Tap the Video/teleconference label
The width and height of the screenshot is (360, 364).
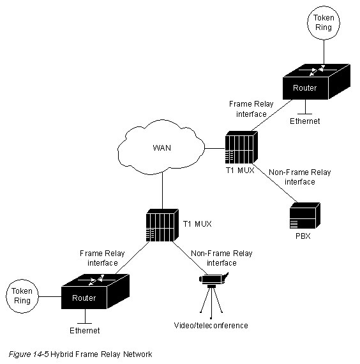point(211,326)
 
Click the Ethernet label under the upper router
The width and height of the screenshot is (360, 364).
point(305,121)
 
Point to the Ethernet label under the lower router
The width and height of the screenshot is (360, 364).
point(85,331)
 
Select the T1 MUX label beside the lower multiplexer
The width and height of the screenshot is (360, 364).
point(197,224)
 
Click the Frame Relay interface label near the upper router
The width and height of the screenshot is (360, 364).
point(250,108)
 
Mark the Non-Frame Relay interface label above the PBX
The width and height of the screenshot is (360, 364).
point(300,177)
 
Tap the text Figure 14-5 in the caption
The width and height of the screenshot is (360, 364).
point(29,353)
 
